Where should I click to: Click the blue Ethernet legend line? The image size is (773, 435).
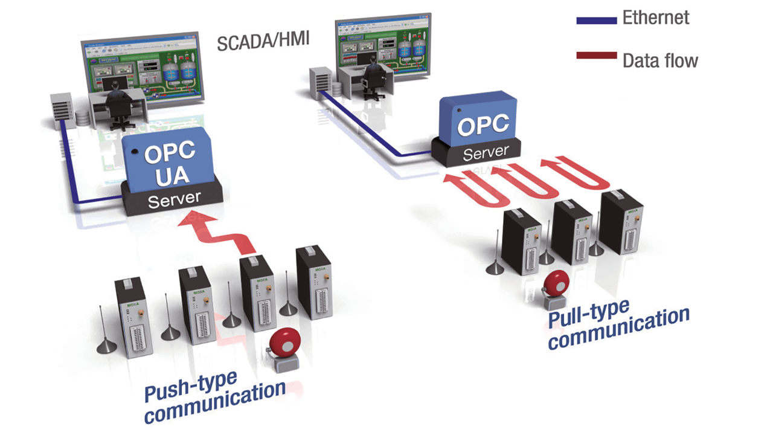click(597, 20)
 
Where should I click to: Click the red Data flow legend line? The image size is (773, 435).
click(597, 56)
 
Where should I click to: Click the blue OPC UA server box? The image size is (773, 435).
click(170, 160)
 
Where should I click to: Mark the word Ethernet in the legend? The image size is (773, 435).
click(656, 18)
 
